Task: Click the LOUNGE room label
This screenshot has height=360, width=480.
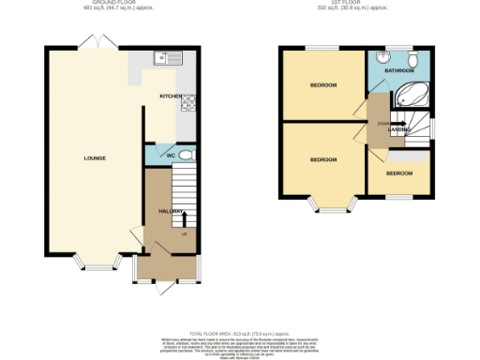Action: (83, 157)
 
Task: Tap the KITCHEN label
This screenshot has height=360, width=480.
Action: (170, 96)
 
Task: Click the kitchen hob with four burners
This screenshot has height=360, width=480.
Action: (187, 103)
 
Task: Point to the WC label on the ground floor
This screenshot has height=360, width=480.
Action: (171, 156)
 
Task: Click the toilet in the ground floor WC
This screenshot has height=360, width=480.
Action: (185, 156)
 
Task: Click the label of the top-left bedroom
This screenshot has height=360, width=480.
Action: (323, 85)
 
